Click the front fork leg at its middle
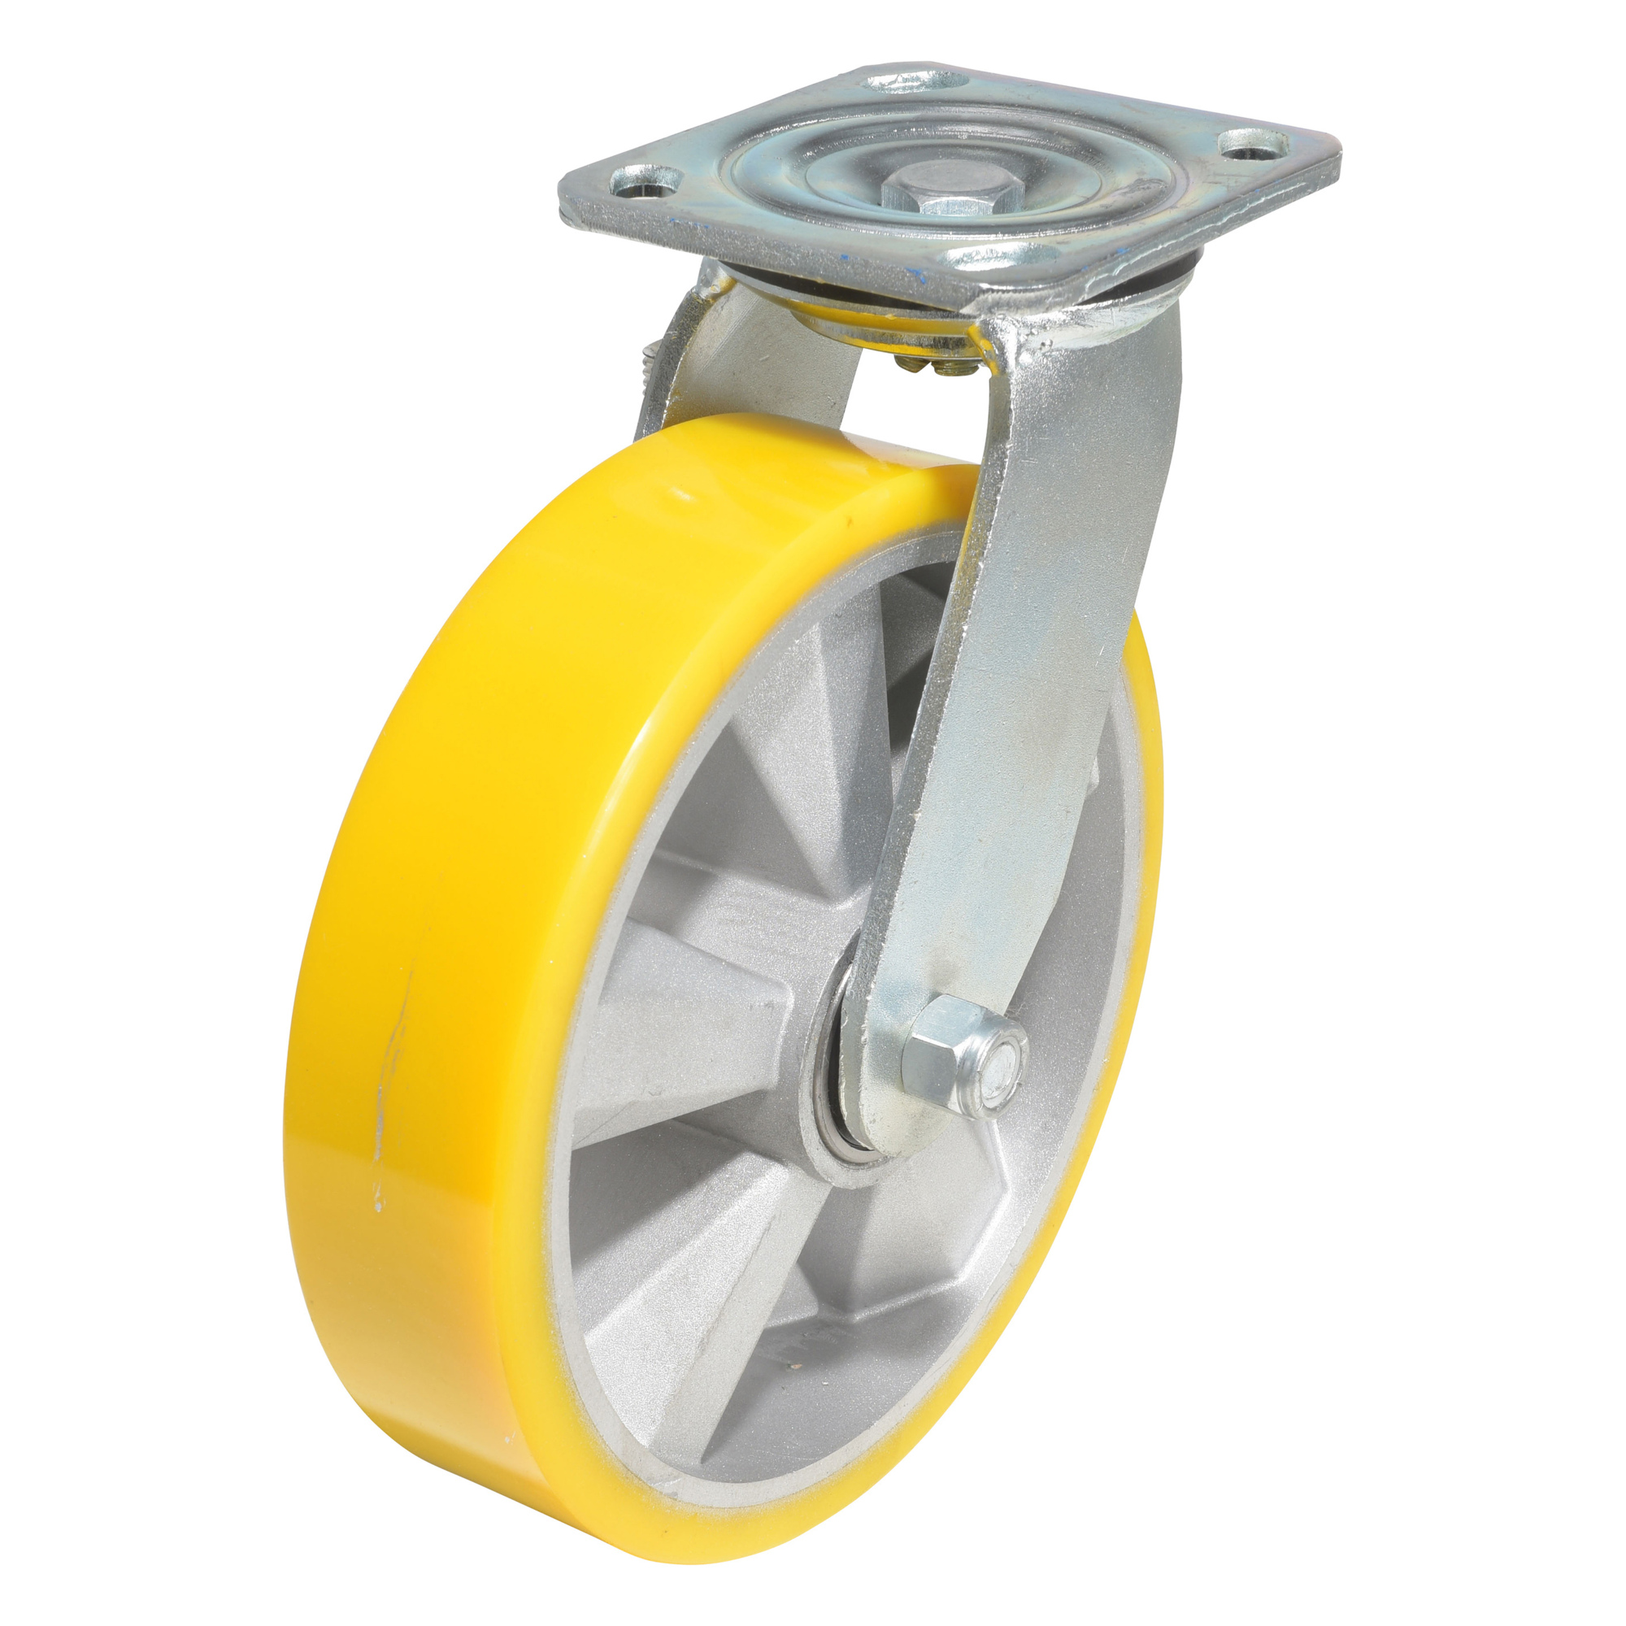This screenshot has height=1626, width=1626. (1010, 673)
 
